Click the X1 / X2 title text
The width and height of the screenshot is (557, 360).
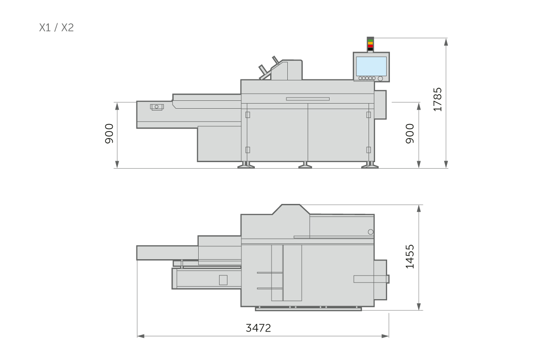point(57,27)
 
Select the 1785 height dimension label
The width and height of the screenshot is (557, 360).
point(438,99)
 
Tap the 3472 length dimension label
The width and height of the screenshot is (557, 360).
point(259,328)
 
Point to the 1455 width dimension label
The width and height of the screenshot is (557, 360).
point(410,256)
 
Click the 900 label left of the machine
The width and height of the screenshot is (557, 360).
point(109,134)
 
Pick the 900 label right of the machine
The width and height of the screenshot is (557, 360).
point(410,134)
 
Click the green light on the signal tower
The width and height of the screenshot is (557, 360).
point(370,40)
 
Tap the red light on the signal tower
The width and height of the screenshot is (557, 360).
point(370,46)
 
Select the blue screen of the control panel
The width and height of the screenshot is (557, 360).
point(371,66)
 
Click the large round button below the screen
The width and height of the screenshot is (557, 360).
point(380,79)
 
